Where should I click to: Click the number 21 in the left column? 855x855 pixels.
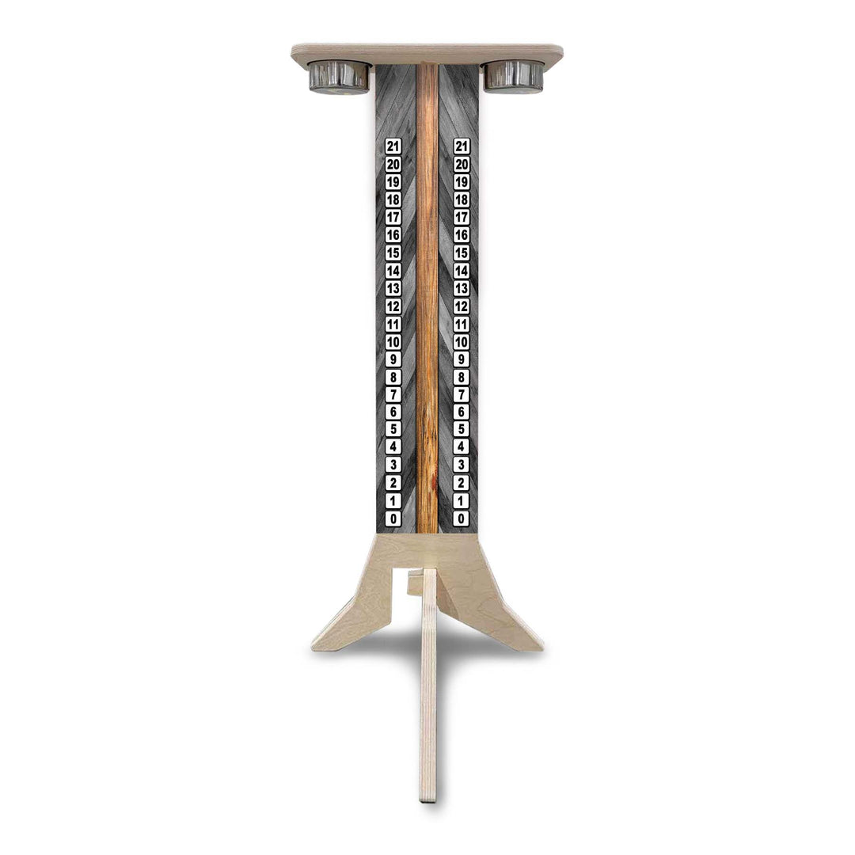point(393,146)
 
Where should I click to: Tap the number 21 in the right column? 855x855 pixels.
point(462,146)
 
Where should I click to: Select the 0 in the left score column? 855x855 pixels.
point(393,519)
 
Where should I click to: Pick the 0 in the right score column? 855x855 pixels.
point(462,519)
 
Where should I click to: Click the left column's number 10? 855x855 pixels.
point(393,342)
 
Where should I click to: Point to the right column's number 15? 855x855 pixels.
point(462,253)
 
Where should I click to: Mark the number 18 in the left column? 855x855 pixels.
point(393,199)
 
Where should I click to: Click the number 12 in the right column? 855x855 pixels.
point(462,306)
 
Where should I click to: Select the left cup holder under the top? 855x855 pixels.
point(339,77)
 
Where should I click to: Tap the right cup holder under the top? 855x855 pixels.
point(514,76)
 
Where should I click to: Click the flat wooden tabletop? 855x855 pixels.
point(427,53)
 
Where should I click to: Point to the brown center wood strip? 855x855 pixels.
point(427,301)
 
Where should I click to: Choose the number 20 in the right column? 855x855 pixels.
point(462,165)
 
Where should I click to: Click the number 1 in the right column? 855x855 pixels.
point(462,501)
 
